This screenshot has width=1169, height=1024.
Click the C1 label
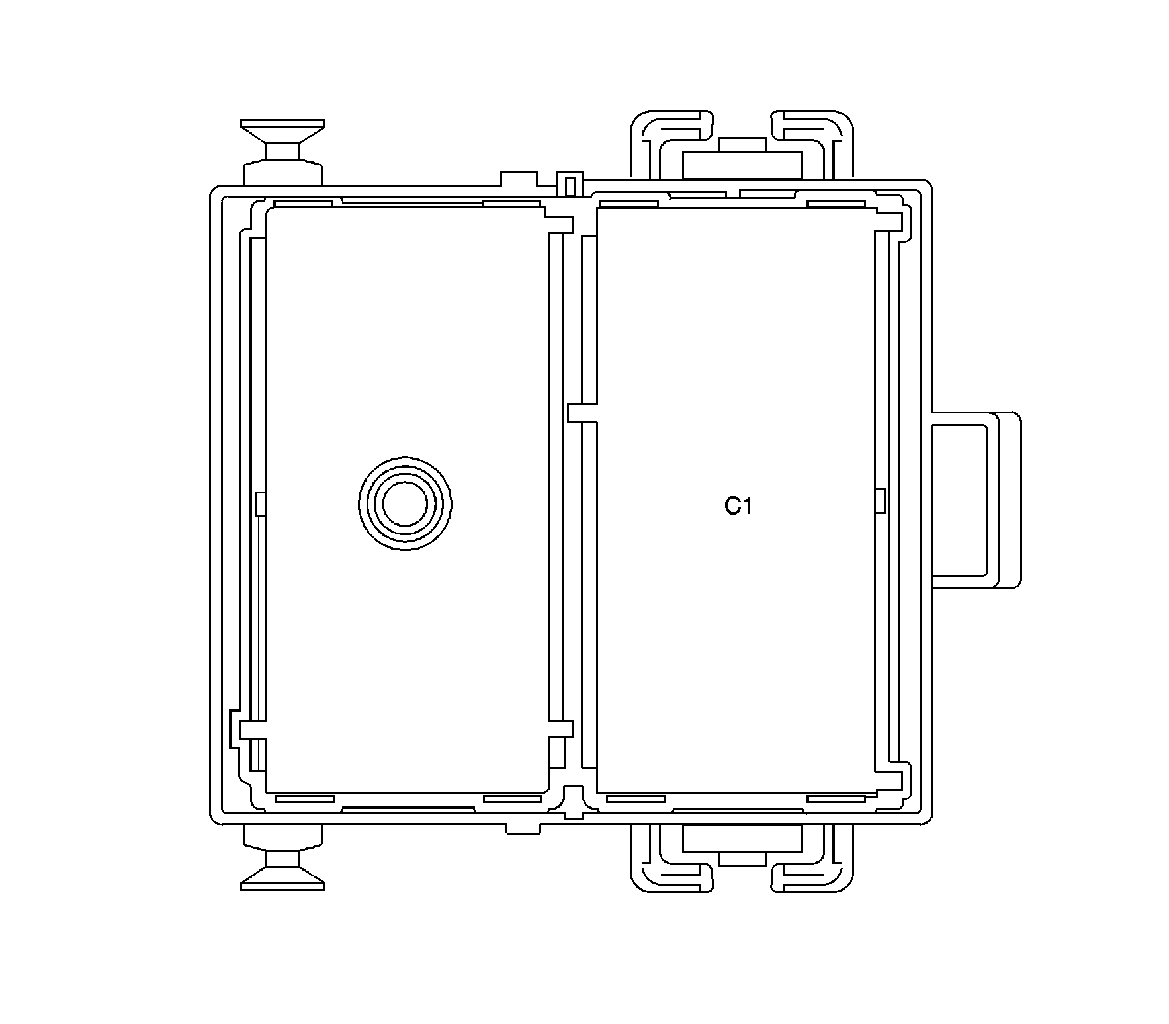click(x=738, y=507)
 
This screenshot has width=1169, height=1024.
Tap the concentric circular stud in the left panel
click(x=405, y=503)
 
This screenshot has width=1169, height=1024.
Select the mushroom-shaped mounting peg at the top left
click(x=282, y=153)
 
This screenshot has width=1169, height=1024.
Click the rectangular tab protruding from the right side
click(x=976, y=501)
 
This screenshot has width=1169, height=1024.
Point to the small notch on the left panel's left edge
click(x=261, y=504)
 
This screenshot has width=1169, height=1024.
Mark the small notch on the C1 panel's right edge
click(x=880, y=500)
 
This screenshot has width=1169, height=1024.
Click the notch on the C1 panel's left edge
click(x=583, y=413)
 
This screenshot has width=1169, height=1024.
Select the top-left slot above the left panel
click(x=303, y=204)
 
